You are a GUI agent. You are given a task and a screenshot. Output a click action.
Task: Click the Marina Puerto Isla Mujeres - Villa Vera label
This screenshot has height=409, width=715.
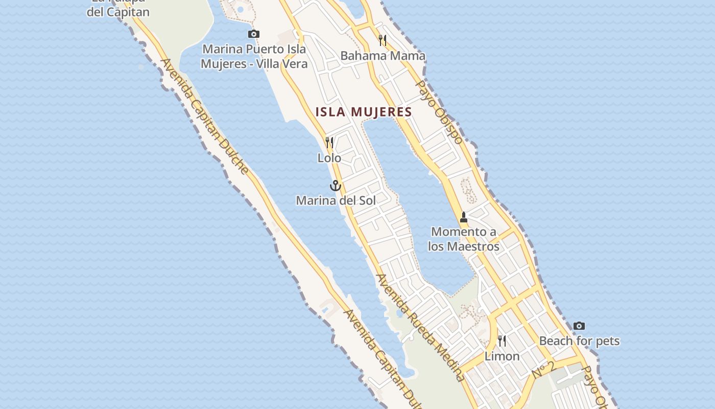click(x=254, y=56)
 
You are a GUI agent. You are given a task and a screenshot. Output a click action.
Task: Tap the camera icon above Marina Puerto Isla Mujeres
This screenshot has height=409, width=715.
click(x=254, y=34)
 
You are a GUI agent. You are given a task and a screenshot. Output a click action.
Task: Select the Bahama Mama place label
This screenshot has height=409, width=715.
click(x=383, y=56)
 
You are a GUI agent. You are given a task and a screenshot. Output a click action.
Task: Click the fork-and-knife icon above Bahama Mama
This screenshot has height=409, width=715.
click(x=383, y=40)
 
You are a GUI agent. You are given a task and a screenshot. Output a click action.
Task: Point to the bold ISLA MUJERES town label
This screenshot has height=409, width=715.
click(x=364, y=112)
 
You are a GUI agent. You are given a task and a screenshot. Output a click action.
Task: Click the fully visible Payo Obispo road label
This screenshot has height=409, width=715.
click(x=439, y=112)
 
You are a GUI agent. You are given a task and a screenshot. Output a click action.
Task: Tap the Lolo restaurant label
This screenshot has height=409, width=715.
click(x=329, y=158)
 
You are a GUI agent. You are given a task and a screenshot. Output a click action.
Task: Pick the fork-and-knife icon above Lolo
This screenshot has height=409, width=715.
click(x=329, y=143)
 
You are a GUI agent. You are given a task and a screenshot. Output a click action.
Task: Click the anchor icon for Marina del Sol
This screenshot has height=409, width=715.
click(x=335, y=186)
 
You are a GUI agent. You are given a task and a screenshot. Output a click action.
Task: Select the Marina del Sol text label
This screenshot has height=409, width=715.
click(x=336, y=200)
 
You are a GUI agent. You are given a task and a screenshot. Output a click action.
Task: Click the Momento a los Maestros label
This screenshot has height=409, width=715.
click(x=464, y=239)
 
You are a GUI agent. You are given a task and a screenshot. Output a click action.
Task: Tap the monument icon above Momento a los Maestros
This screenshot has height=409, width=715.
click(x=464, y=217)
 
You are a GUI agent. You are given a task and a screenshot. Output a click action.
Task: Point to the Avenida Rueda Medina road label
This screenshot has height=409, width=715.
click(x=420, y=328)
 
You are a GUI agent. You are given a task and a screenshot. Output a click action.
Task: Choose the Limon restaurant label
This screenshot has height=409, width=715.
click(x=502, y=356)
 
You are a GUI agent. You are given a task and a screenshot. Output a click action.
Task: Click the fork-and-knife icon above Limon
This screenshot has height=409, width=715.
click(x=502, y=340)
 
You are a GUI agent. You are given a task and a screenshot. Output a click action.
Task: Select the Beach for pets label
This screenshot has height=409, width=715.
click(x=579, y=341)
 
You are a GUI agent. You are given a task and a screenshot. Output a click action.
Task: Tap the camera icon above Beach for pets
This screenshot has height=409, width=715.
click(x=579, y=326)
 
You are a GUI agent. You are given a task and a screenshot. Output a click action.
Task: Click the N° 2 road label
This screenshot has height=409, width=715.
click(x=543, y=370)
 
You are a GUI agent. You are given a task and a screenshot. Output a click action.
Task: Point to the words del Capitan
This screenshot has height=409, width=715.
click(x=118, y=12)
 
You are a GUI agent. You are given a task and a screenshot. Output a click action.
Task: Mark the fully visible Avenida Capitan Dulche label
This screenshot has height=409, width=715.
click(x=204, y=116)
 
